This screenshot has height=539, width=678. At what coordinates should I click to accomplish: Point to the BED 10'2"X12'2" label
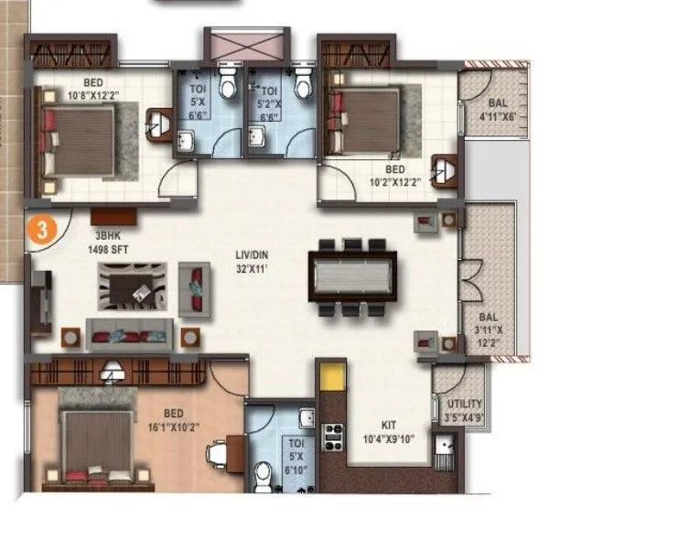[x=395, y=175]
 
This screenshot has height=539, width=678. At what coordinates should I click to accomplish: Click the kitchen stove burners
[x=333, y=435]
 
